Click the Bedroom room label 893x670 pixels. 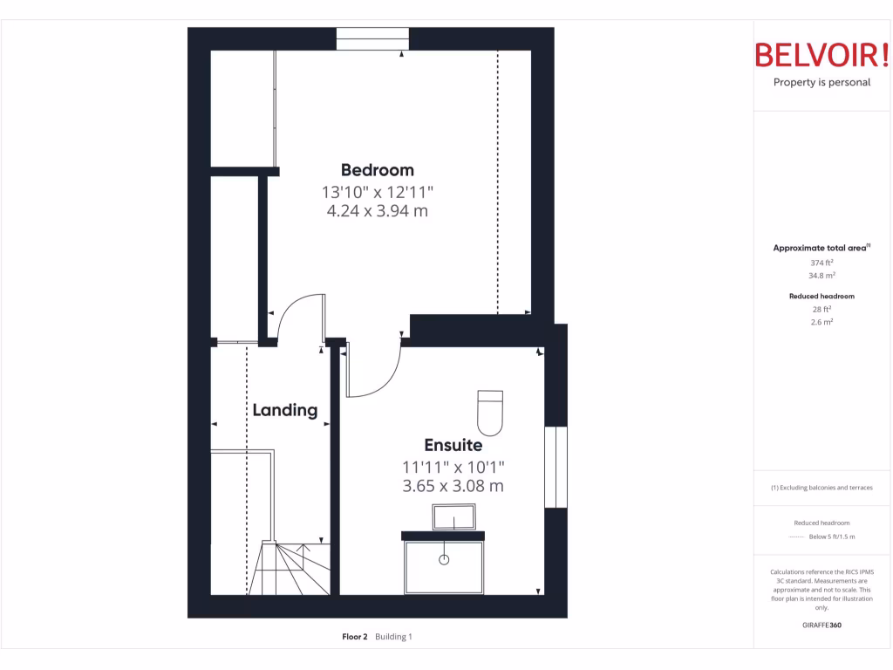pos(377,170)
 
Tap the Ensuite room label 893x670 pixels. pos(453,446)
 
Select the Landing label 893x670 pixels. pos(284,410)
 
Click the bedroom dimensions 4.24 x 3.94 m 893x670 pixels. pos(377,211)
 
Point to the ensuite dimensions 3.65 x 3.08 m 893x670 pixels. pos(453,486)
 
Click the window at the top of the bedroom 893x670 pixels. pos(372,39)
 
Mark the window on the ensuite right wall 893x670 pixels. pos(556,467)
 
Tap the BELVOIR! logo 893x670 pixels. pos(821,55)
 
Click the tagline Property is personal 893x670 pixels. pos(821,83)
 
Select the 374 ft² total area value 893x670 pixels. pos(821,263)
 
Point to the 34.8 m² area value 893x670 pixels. pos(821,275)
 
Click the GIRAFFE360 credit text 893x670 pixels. pos(821,625)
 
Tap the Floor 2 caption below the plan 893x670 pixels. pos(355,637)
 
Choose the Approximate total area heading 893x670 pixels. pos(821,249)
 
